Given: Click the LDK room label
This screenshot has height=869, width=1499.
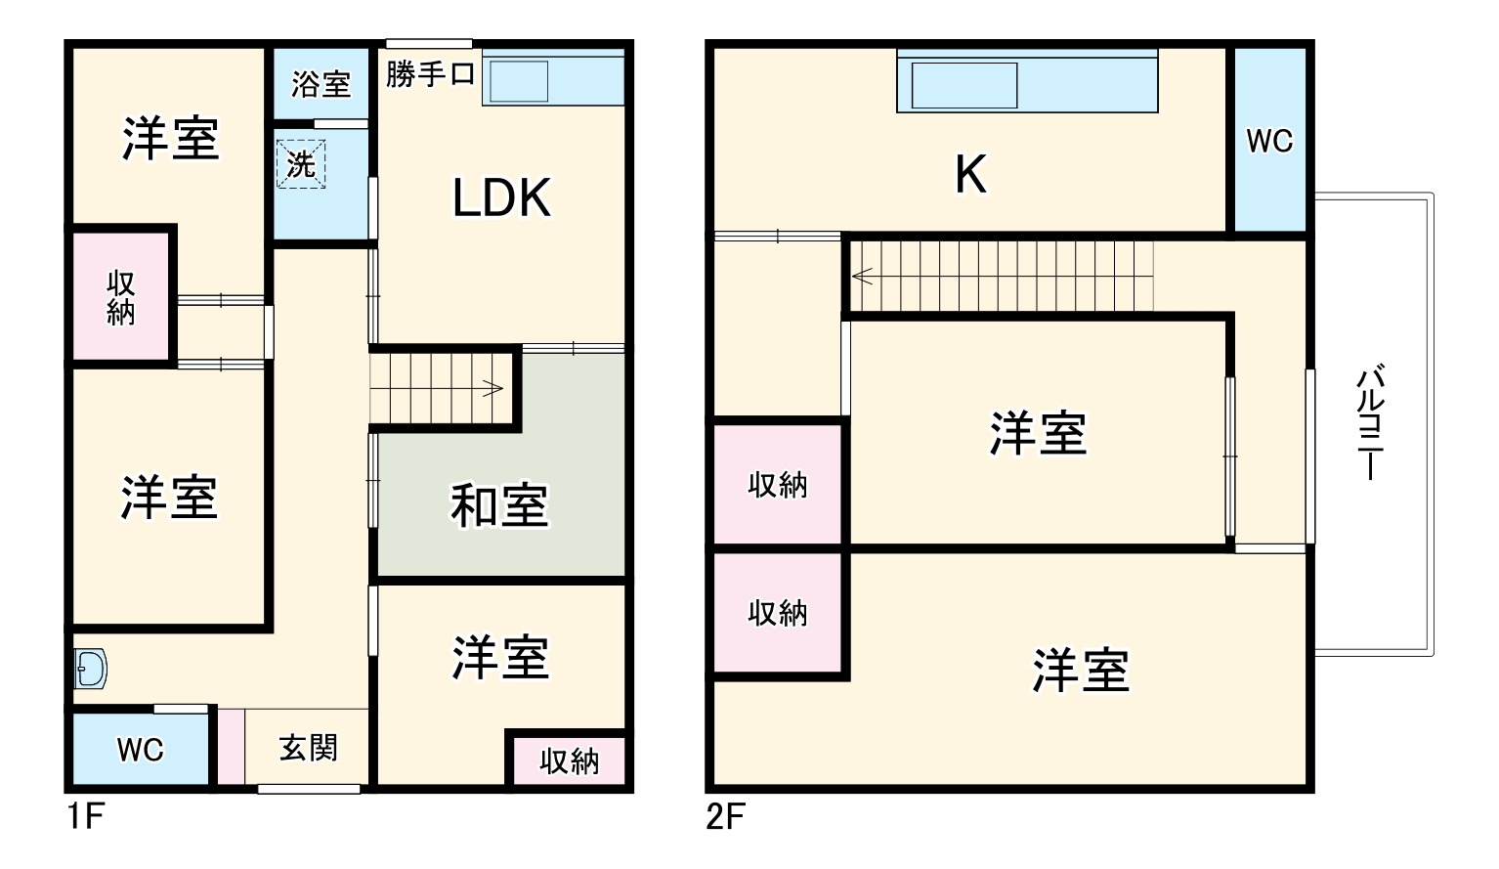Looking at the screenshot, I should [x=501, y=197].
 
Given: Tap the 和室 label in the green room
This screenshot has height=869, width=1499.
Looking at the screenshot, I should [x=498, y=505].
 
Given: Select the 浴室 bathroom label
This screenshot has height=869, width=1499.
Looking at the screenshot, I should [x=321, y=84].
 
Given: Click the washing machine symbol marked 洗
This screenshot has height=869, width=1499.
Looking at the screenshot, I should [x=301, y=163].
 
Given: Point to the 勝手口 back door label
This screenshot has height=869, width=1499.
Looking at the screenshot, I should [x=430, y=73].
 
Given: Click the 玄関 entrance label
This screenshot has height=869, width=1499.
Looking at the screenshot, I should [x=308, y=748].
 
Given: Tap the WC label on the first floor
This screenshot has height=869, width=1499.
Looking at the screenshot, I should [x=140, y=750].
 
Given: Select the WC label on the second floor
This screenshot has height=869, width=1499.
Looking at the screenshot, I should [x=1268, y=141].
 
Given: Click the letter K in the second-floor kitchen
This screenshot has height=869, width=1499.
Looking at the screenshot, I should [x=970, y=175].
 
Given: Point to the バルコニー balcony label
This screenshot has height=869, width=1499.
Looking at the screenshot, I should [x=1372, y=422].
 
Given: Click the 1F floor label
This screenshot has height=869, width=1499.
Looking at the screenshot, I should [x=86, y=815].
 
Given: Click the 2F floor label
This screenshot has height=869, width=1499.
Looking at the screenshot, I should [x=725, y=815].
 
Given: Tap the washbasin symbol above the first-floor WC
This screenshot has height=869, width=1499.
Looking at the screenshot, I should [x=91, y=670].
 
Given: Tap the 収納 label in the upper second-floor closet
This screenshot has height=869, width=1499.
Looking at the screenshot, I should [x=778, y=485].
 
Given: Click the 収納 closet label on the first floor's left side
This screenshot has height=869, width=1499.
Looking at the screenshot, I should [x=121, y=297].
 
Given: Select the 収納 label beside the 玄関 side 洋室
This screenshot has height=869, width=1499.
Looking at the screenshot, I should [x=569, y=760].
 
